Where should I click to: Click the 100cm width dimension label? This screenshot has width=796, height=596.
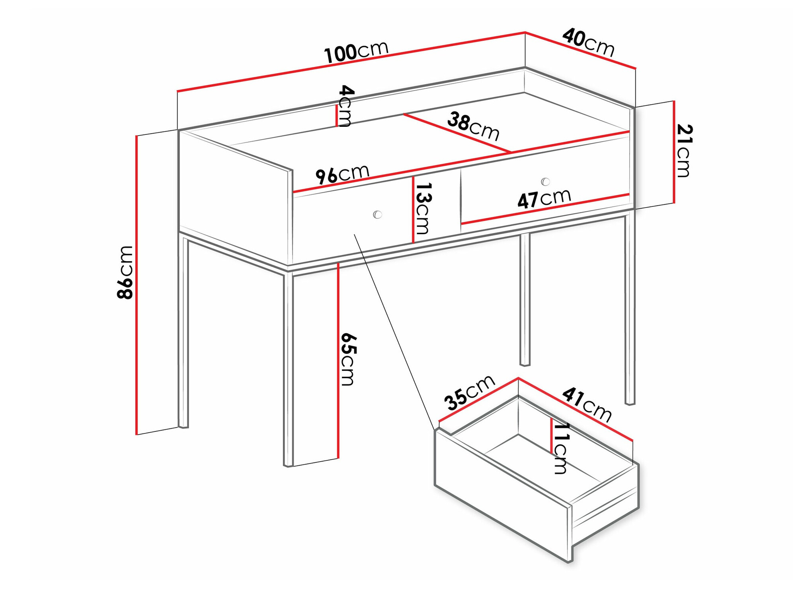(x=356, y=52)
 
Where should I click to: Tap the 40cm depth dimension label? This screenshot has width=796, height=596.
(x=588, y=42)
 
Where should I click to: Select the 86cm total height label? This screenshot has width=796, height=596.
(x=125, y=272)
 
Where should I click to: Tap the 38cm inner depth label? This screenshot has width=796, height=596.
(x=473, y=126)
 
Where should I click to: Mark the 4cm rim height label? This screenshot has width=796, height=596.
(x=345, y=105)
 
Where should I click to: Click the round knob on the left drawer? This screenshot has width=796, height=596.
(x=377, y=215)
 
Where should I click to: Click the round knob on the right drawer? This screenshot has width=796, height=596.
(x=546, y=182)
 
